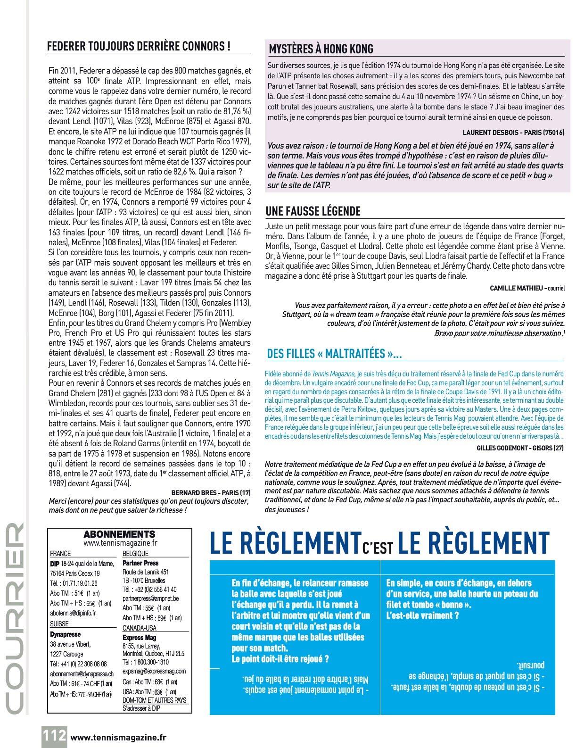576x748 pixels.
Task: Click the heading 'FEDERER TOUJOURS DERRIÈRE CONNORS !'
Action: [139, 47]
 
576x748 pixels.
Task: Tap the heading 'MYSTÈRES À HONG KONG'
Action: [321, 49]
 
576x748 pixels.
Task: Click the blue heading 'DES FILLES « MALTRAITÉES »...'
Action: [334, 353]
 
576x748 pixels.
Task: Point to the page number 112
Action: [55, 736]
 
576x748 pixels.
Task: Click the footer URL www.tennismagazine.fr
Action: [118, 737]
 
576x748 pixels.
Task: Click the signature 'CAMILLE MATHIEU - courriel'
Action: [527, 288]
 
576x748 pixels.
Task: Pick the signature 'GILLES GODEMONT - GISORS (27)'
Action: [519, 448]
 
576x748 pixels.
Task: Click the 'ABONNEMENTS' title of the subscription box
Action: [119, 534]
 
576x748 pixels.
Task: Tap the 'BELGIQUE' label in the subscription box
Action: [135, 554]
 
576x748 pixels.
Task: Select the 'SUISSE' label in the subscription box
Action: [59, 623]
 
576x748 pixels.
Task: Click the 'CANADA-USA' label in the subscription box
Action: [139, 628]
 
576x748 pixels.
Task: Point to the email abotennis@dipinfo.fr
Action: [73, 613]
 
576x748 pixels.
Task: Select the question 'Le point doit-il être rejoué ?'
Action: [280, 659]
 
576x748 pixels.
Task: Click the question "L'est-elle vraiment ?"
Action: [422, 615]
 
